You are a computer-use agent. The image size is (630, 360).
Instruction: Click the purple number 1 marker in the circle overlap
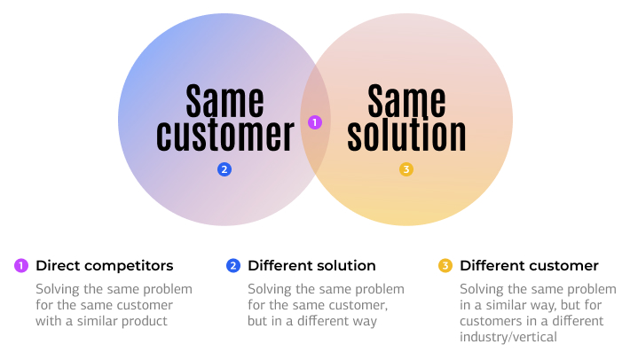pos(315,122)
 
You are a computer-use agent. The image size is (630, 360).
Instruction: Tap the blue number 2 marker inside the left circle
pos(224,169)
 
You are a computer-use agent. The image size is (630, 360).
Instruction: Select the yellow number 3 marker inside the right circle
pos(406,169)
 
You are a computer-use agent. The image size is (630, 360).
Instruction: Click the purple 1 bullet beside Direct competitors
pos(21,266)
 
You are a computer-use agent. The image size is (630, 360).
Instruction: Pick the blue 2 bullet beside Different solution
pos(233,266)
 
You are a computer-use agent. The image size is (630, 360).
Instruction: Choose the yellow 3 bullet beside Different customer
pos(445,266)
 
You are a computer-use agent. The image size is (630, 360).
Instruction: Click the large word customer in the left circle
pos(225,136)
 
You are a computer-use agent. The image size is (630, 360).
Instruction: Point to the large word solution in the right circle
pos(406,135)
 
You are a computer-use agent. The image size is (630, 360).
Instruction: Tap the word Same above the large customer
pos(225,100)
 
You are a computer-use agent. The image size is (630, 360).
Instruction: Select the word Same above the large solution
pos(406,100)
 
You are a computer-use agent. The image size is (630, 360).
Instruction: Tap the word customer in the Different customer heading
pos(564,266)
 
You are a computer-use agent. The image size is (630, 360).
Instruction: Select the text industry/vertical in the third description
pos(508,337)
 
